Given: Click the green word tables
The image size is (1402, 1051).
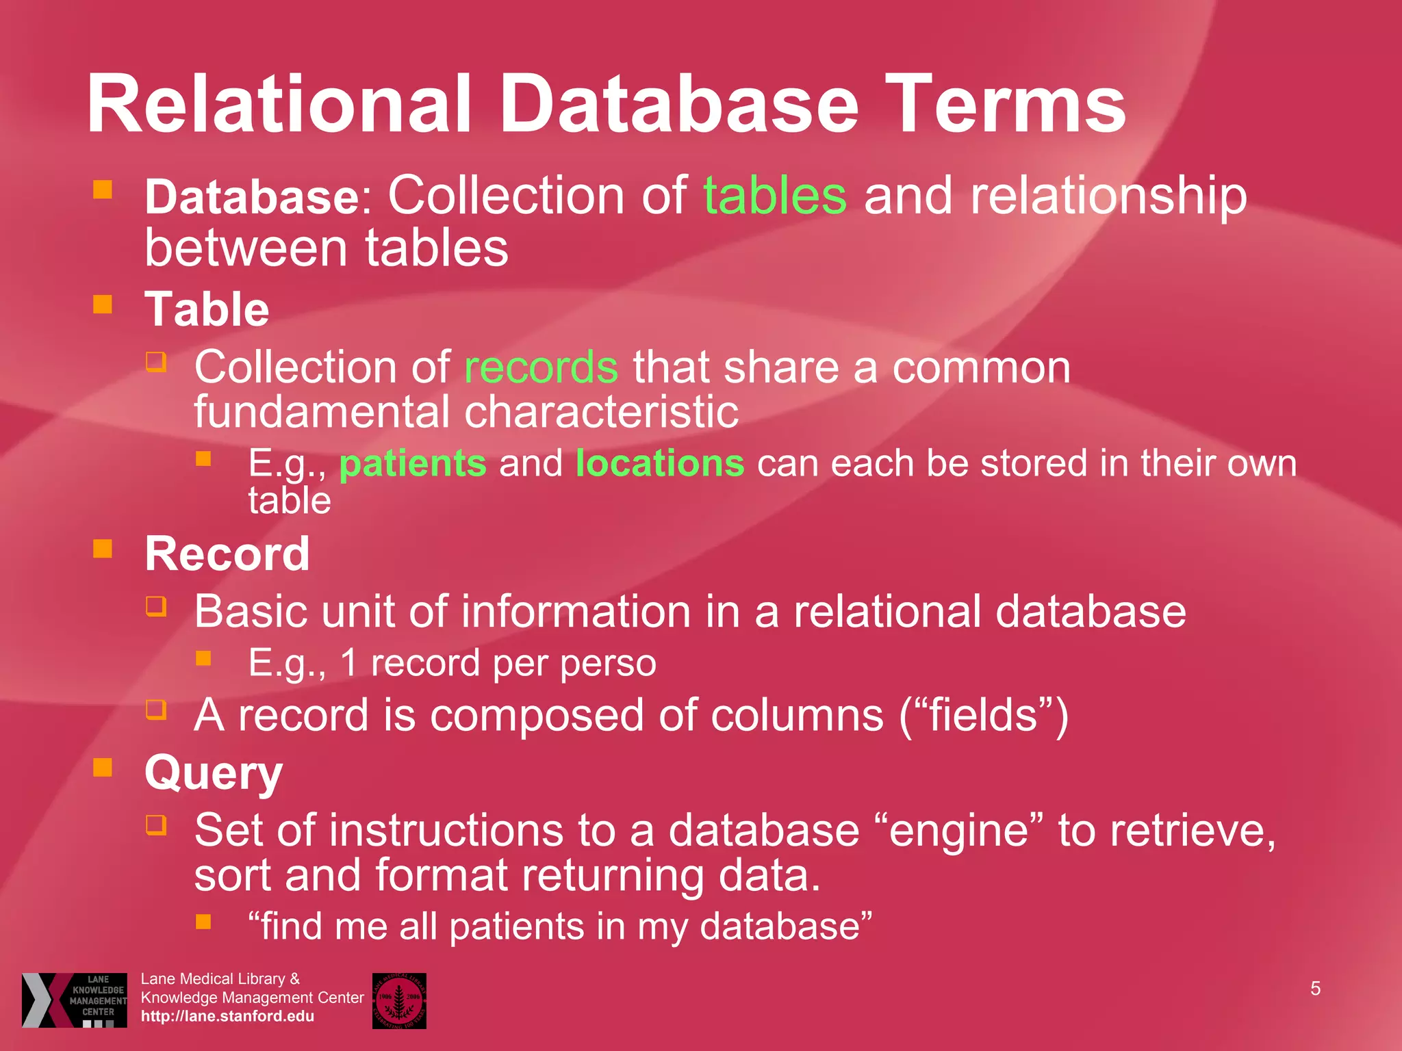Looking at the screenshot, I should click(x=775, y=196).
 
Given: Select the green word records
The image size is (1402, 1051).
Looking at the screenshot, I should click(x=541, y=368).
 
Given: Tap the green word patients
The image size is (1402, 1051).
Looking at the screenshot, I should click(x=413, y=464).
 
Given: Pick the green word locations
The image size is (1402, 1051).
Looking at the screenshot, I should click(x=660, y=463).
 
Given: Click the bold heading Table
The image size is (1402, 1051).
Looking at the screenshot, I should click(x=207, y=309).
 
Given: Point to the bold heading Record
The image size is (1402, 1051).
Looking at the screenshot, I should click(x=227, y=554).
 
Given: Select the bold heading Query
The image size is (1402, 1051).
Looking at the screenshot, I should click(x=214, y=774).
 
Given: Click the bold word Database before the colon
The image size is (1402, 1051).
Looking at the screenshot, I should click(x=251, y=197).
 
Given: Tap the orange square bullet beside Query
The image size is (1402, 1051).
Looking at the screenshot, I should click(x=103, y=767).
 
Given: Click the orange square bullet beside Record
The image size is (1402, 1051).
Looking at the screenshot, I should click(x=103, y=549).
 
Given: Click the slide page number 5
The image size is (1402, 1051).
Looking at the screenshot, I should click(x=1315, y=988).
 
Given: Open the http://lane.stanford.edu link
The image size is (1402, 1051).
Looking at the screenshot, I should click(x=227, y=1016).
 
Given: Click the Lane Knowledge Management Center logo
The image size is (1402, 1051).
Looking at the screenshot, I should click(x=75, y=1000).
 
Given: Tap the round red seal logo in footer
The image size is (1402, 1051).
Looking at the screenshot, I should click(x=399, y=1000).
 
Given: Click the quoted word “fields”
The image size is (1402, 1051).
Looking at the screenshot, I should click(x=983, y=716).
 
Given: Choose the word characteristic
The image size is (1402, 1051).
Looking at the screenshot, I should click(x=602, y=412).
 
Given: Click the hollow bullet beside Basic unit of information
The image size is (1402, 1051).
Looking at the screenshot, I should click(x=156, y=606).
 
